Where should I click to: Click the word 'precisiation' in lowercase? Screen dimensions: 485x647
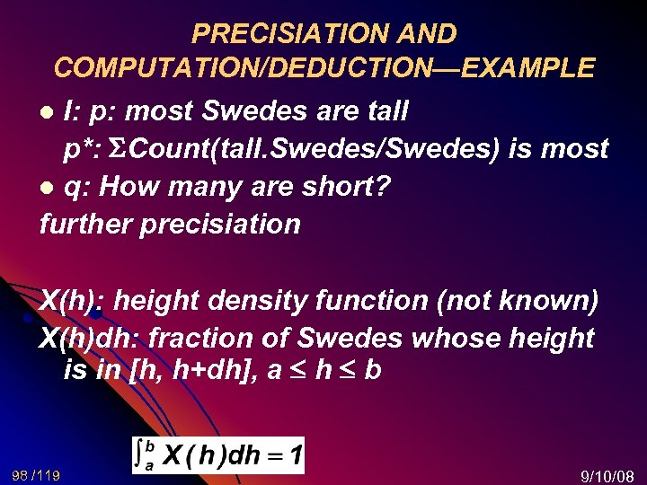pos(221,224)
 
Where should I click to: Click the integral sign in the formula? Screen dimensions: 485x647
pos(140,454)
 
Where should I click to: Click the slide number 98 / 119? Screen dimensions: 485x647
pos(37,473)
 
